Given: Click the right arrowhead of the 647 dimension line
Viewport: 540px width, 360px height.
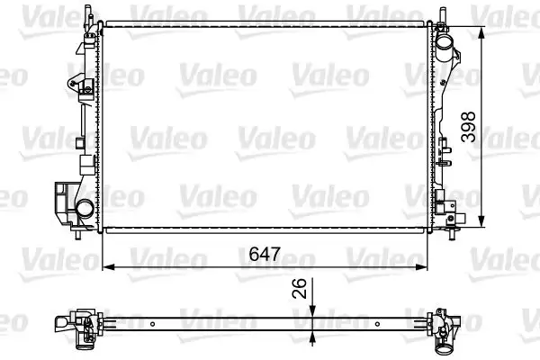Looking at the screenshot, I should [425, 267].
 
